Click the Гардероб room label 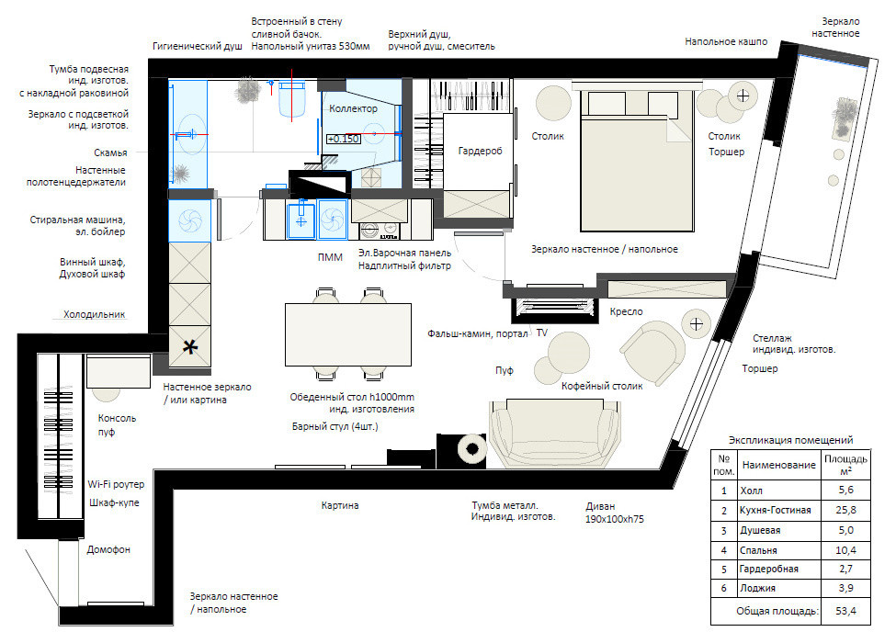(480, 151)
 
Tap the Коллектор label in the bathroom (353, 108)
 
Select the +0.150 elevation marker (344, 139)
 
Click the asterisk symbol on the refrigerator (190, 346)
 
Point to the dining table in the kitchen (348, 334)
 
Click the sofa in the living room (554, 433)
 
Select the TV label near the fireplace (541, 333)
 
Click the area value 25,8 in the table (845, 510)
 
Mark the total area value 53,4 (845, 611)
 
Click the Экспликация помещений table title (790, 440)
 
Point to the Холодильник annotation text (95, 314)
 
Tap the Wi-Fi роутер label (116, 484)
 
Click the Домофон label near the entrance (108, 549)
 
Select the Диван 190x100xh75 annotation (614, 513)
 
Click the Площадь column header (845, 465)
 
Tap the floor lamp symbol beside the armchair (696, 324)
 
